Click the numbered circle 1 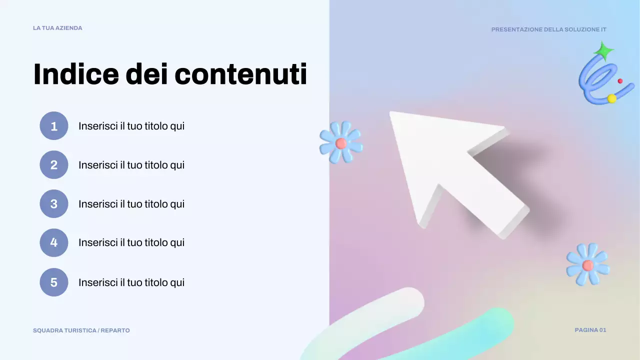tap(54, 126)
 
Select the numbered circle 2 tap(54, 165)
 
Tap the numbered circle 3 tap(54, 204)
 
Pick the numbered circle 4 tap(54, 243)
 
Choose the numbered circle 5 tap(54, 282)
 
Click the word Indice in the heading tap(76, 74)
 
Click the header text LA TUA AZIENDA tap(57, 28)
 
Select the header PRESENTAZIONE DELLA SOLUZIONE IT tap(548, 29)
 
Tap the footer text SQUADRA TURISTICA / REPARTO tap(81, 330)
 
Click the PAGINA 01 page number tap(590, 330)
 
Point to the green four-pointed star tap(603, 51)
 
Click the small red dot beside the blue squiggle tap(620, 81)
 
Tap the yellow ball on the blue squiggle tap(611, 98)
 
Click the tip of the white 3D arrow tap(392, 114)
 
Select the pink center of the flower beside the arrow tap(341, 143)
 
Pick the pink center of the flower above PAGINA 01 tap(587, 265)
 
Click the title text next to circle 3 tap(131, 204)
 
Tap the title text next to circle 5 tap(131, 282)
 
